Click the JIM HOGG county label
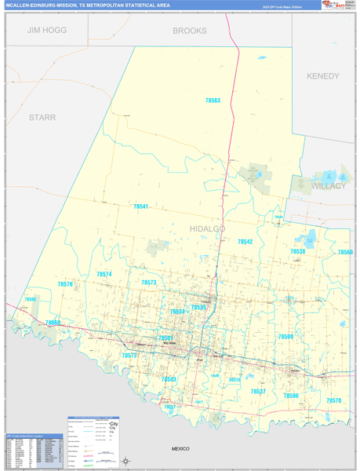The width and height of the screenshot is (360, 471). tap(47, 30)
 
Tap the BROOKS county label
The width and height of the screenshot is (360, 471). tap(190, 31)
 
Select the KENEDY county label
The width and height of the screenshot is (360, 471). tap(323, 76)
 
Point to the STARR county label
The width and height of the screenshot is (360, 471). tap(42, 117)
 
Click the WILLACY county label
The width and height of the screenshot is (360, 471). tap(328, 186)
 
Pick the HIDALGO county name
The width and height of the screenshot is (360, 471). tap(208, 228)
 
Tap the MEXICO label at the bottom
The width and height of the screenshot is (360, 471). tap(181, 447)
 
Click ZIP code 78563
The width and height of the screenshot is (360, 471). tap(213, 100)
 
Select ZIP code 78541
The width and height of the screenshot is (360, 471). tap(140, 206)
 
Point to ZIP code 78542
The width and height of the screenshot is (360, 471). tap(245, 242)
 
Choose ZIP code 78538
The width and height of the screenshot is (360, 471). tap(297, 251)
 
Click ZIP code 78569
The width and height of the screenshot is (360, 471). tap(345, 252)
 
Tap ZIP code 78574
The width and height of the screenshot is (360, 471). tap(104, 274)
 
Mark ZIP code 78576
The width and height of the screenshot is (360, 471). tap(65, 284)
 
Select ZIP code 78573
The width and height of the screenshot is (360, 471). tap(149, 282)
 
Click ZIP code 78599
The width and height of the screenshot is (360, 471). tap(285, 336)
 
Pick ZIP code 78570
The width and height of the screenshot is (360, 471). tap(334, 400)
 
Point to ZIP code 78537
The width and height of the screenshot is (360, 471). tap(258, 391)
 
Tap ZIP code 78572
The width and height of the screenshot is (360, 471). tap(129, 356)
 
